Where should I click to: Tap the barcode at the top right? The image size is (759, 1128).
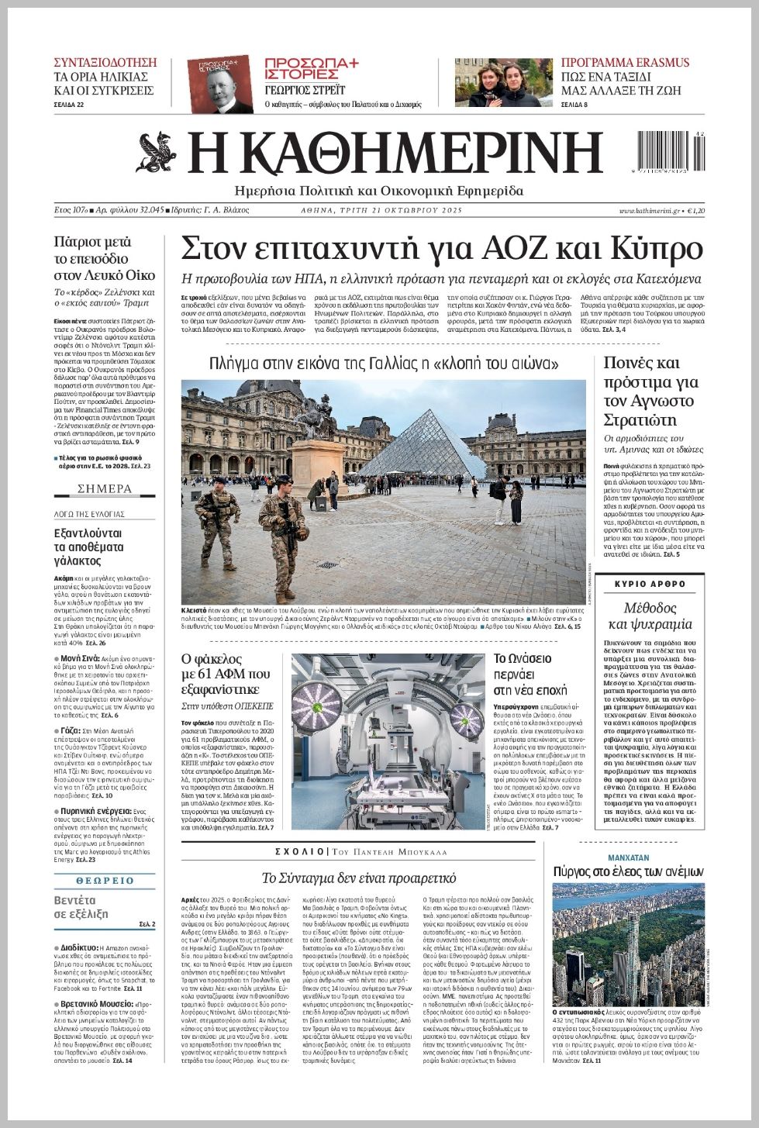(671, 151)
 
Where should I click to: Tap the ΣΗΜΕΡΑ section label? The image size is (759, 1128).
(105, 489)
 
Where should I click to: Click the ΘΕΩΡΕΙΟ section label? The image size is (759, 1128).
(105, 881)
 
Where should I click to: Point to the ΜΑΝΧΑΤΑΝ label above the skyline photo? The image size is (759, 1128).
(628, 858)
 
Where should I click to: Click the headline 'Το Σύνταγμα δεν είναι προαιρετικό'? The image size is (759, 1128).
(358, 878)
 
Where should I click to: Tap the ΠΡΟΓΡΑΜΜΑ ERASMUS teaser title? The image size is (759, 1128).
(625, 63)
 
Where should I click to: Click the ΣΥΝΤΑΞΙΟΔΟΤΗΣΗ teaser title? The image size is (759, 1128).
(105, 63)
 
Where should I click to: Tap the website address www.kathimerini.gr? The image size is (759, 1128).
(649, 211)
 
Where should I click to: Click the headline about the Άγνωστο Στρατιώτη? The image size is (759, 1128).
(651, 392)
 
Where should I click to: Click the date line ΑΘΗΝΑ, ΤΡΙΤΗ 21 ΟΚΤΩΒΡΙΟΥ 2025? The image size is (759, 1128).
(381, 211)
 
